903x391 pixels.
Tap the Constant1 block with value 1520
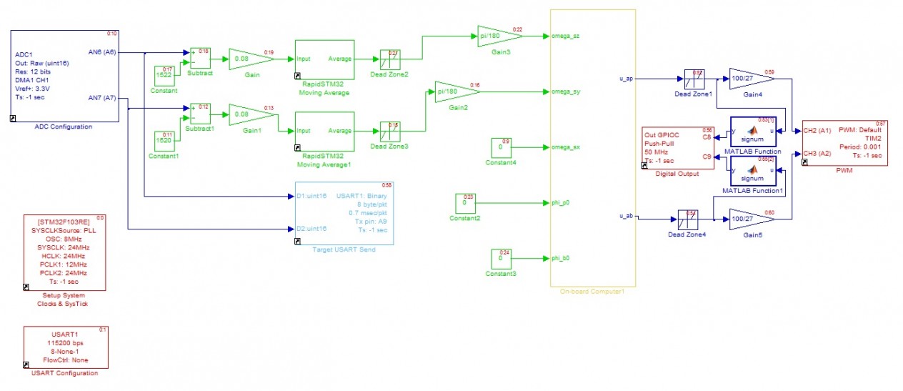click(x=164, y=141)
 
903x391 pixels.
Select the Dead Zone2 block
click(x=390, y=59)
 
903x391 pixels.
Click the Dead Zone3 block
click(x=390, y=132)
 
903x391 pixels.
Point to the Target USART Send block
click(x=344, y=212)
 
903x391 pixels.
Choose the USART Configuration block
click(x=65, y=347)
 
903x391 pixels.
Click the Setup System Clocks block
click(x=65, y=252)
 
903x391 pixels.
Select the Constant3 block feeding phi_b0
click(x=500, y=258)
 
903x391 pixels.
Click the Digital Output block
click(x=678, y=148)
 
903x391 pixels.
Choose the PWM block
click(x=845, y=143)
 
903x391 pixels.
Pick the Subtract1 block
click(x=200, y=114)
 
